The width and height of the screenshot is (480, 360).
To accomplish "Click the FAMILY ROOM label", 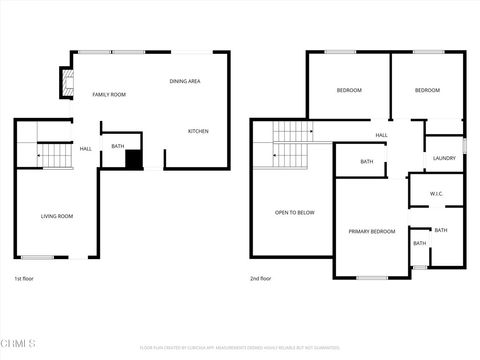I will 109,94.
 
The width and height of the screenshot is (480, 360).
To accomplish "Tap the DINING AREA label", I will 185,81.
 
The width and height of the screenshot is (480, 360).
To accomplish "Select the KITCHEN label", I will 198,130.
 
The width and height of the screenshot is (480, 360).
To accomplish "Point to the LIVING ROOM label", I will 57,216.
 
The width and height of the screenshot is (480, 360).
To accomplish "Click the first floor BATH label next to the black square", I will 118,147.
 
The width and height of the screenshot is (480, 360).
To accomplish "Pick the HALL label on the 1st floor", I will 86,149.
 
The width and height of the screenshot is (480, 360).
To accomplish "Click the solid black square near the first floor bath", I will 134,159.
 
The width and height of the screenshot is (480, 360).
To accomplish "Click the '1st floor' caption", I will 24,278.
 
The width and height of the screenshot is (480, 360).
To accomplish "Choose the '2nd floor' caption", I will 260,278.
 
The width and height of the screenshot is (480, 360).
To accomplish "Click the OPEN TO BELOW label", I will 295,212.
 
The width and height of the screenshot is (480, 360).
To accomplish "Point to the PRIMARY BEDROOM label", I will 372,231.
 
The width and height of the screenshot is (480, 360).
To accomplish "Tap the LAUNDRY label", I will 445,158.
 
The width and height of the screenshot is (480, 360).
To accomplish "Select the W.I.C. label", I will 437,193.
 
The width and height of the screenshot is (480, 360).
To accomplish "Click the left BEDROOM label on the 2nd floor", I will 349,91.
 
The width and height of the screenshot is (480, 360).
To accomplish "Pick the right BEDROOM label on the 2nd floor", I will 427,91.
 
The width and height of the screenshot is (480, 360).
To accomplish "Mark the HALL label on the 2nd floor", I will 381,135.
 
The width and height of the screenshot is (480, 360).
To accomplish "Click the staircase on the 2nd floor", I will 292,144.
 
